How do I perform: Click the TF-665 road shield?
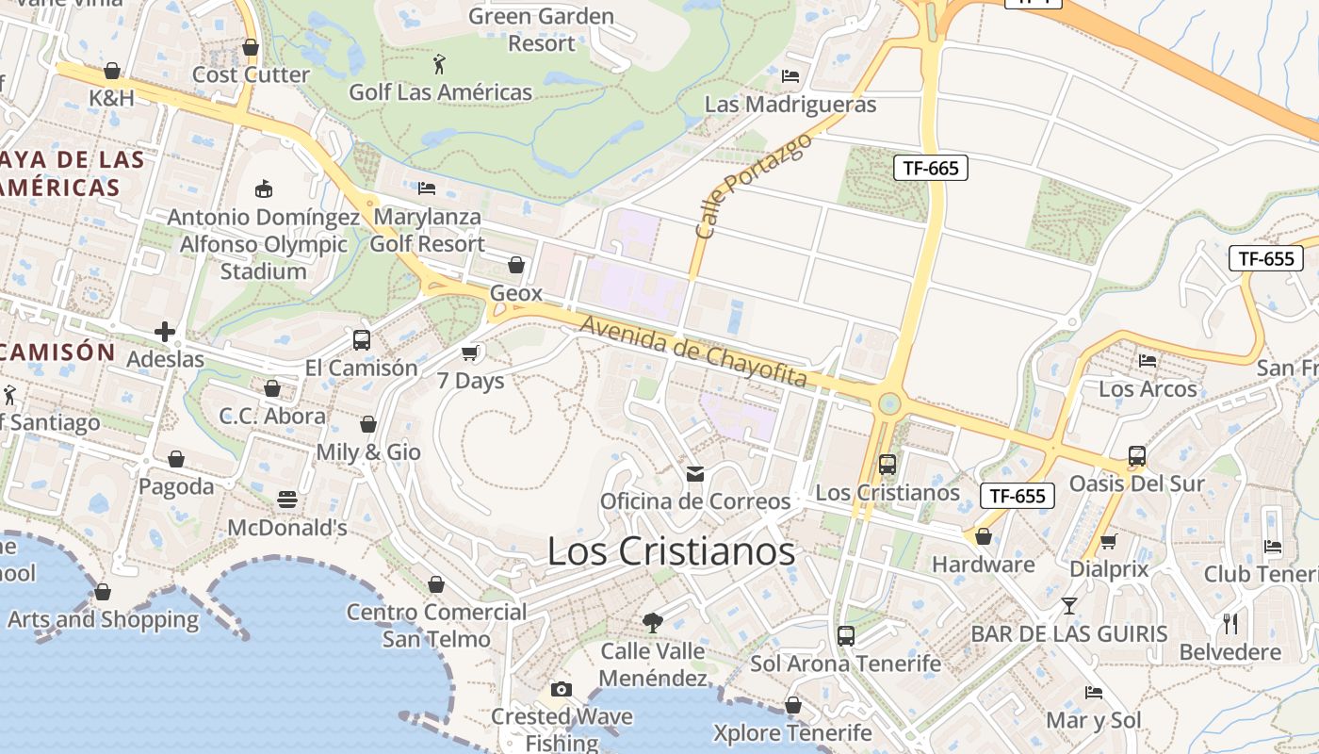(x=930, y=168)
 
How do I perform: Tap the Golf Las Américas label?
(x=440, y=92)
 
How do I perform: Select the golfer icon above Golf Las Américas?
(x=439, y=64)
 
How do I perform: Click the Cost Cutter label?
(x=251, y=74)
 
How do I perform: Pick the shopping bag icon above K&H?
(x=112, y=71)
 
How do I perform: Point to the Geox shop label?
(x=516, y=293)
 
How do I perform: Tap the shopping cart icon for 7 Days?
(x=470, y=352)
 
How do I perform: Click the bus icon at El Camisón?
(x=362, y=340)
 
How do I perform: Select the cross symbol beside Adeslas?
(x=165, y=332)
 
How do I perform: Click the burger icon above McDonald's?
(x=287, y=499)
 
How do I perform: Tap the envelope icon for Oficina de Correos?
(x=695, y=473)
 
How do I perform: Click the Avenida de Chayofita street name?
(x=694, y=352)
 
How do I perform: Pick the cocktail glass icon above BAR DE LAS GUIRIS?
(x=1069, y=605)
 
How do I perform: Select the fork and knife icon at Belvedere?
(x=1230, y=623)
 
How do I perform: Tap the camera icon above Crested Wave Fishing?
(x=562, y=689)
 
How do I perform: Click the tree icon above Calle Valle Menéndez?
(x=652, y=622)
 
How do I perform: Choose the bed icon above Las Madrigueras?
(x=790, y=76)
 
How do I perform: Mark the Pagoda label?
(x=176, y=486)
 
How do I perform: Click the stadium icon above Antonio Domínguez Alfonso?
(x=264, y=188)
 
